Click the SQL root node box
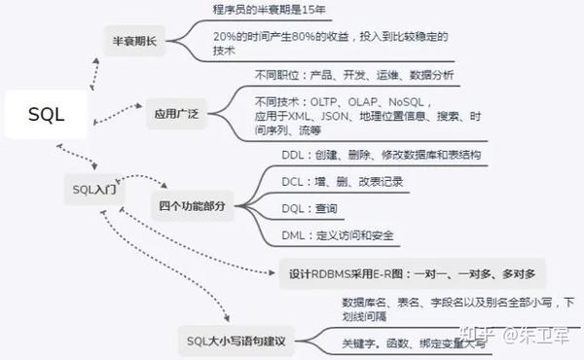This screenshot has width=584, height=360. click(46, 115)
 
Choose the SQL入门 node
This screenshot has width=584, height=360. click(94, 188)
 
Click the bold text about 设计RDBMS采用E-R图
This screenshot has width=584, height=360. click(413, 272)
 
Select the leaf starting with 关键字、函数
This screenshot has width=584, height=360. click(408, 343)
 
